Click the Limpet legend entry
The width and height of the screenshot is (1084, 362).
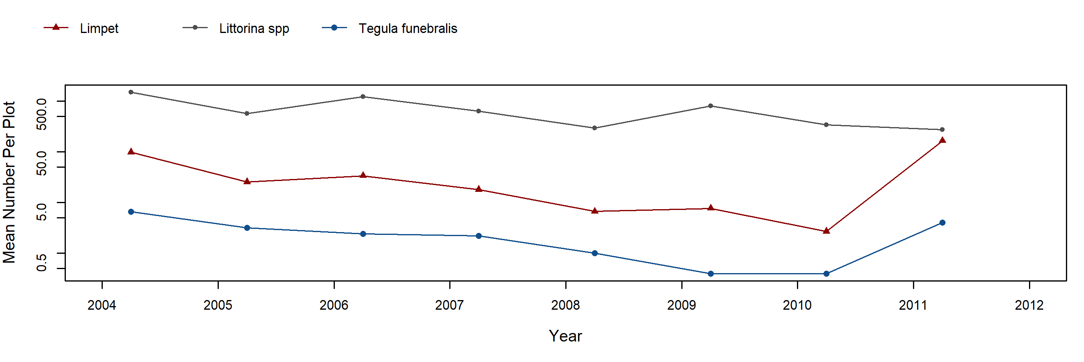click(99, 29)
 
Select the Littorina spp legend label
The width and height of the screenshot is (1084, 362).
click(254, 29)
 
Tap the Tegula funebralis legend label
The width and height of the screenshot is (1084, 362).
click(408, 29)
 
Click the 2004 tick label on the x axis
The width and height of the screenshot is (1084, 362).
click(102, 305)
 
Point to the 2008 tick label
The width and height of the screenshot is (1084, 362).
click(565, 305)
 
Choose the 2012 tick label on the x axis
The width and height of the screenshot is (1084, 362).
click(1029, 305)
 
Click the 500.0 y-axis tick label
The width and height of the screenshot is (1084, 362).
click(42, 114)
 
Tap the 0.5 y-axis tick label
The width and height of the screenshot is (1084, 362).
click(42, 262)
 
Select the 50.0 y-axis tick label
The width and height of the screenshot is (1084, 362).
click(42, 162)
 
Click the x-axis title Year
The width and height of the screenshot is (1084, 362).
click(565, 336)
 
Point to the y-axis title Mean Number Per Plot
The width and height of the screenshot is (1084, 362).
click(9, 182)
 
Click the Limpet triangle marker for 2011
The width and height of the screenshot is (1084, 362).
click(942, 140)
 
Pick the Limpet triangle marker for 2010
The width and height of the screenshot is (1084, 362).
click(826, 231)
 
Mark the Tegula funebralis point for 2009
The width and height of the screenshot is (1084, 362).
click(711, 274)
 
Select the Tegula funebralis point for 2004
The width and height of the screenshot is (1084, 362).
click(131, 212)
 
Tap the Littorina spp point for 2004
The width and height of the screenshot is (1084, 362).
click(131, 92)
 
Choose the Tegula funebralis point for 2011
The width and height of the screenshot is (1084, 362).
click(942, 223)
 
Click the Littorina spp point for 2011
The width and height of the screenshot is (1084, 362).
click(942, 130)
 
